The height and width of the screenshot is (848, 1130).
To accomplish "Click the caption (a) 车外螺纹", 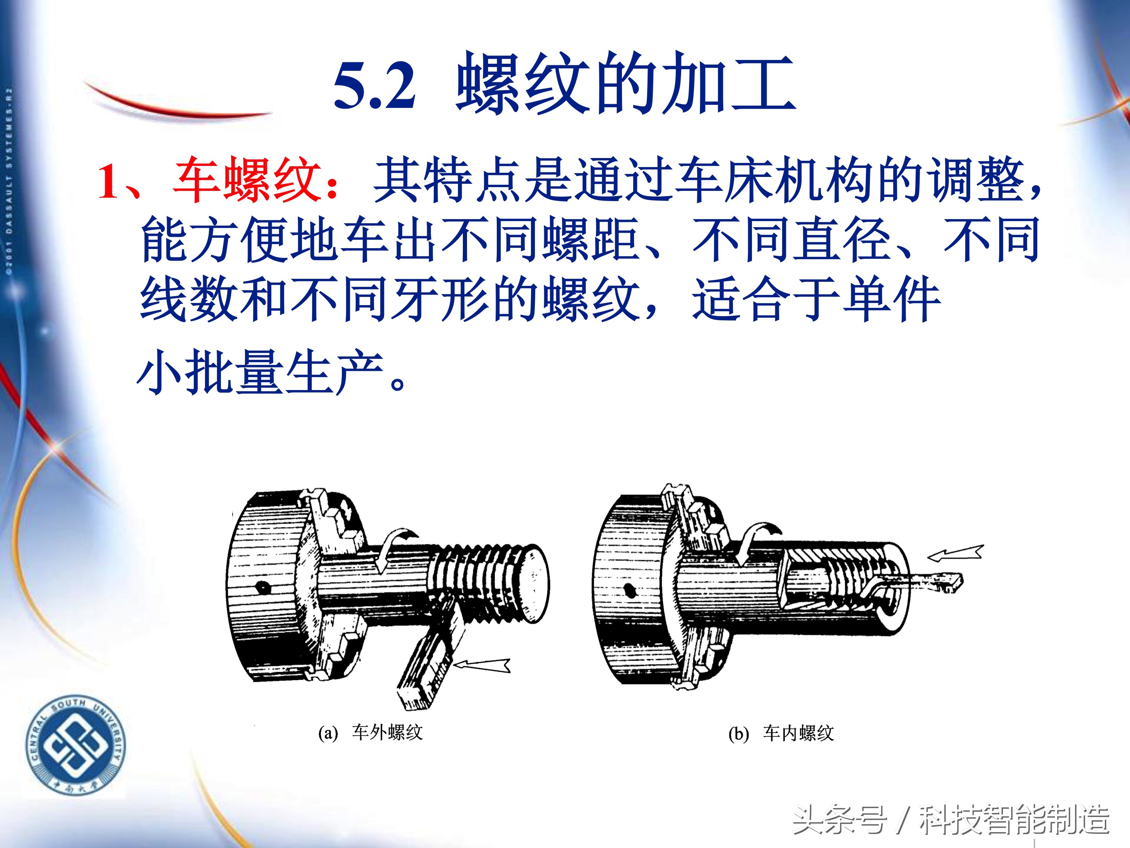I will click(x=371, y=733).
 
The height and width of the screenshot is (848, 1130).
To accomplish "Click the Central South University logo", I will click(x=76, y=746).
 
